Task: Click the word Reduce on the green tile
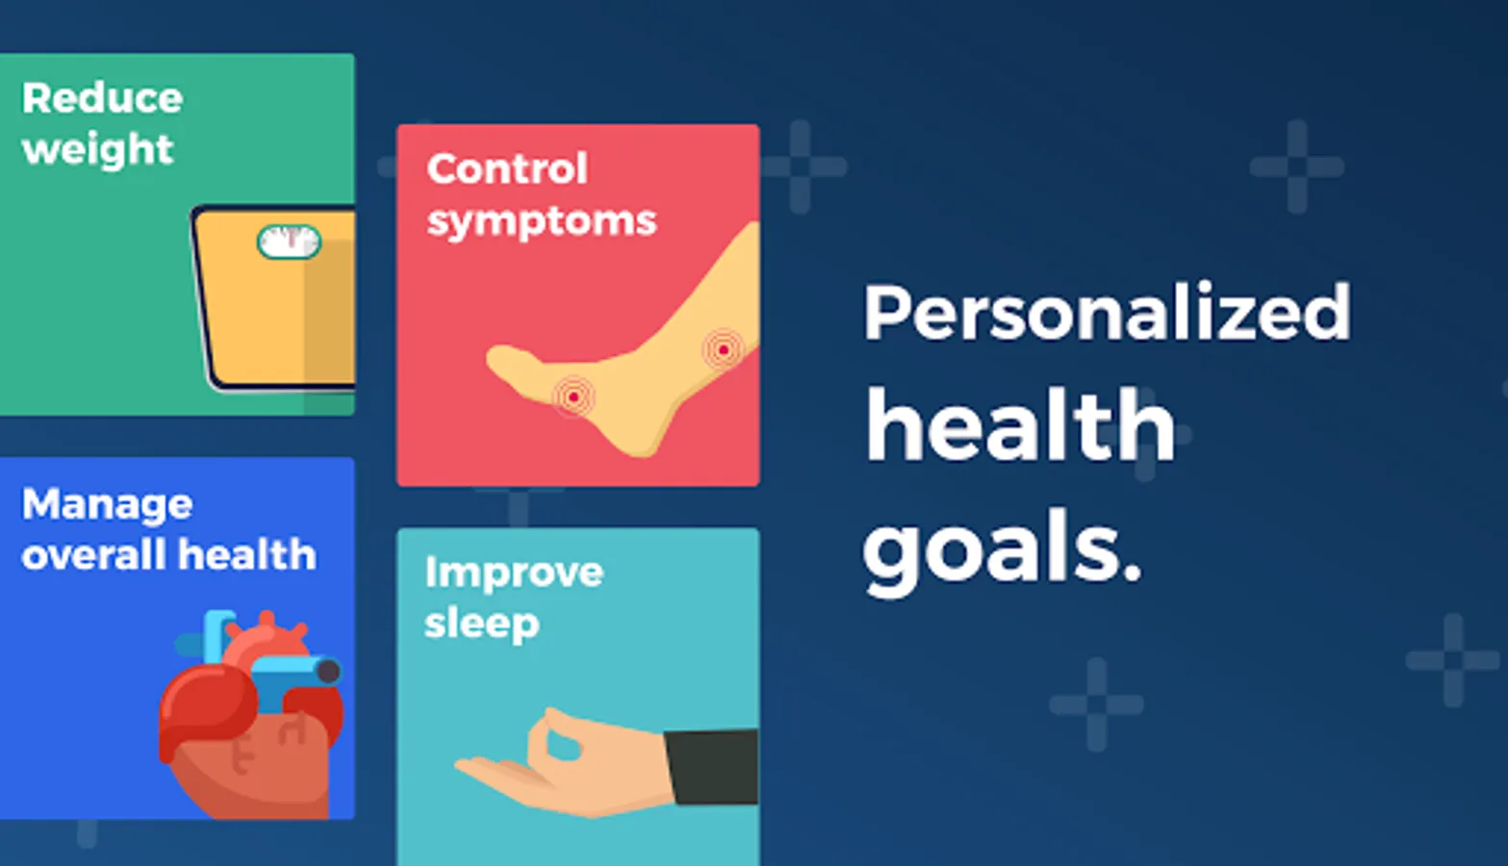102,98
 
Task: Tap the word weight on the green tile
98,150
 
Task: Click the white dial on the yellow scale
290,242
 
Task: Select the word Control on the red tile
507,168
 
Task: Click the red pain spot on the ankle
574,397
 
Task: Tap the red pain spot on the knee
723,350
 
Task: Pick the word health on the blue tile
247,555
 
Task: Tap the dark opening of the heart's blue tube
328,672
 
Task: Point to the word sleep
482,624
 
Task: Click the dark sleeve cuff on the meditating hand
712,767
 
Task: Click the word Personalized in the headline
1108,313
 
